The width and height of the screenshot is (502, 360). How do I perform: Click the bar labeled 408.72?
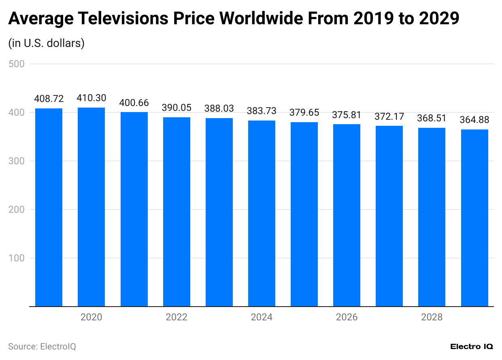coord(49,207)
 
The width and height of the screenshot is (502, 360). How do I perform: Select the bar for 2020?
coord(91,207)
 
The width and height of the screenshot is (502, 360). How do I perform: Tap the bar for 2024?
coord(262,213)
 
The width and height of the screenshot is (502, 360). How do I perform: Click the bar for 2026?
coord(347,215)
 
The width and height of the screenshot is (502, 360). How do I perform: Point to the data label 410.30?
coord(91,98)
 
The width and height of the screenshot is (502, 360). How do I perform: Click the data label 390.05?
coord(177,108)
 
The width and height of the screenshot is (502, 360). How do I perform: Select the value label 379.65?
coord(304,112)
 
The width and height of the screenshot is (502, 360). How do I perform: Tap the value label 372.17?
coord(389,116)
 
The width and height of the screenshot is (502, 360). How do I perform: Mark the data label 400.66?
coord(134,103)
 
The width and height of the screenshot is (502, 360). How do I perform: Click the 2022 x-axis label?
coord(177,317)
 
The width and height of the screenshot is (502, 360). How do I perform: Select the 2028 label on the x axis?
coord(432,317)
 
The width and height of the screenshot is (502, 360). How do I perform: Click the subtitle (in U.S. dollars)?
coord(46,43)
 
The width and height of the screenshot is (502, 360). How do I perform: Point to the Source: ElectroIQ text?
coord(42,347)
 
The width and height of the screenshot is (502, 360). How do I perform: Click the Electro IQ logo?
coord(472,347)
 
